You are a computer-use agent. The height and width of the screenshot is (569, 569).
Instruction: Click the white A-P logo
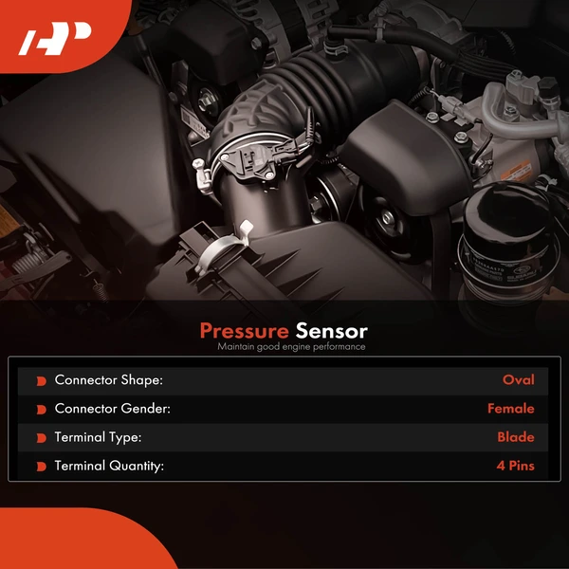pos(55,39)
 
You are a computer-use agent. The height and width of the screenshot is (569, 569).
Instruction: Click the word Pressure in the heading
pos(245,331)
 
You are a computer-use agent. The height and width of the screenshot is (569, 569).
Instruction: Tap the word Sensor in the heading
pos(331,331)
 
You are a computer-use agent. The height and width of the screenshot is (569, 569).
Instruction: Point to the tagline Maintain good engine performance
pos(291,347)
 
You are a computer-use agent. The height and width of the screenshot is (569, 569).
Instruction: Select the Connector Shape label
pos(109,380)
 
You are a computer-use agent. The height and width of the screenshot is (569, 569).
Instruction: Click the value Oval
pos(518,380)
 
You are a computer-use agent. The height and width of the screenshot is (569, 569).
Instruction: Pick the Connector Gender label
pos(113,409)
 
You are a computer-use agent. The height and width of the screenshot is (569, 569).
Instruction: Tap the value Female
pos(511,409)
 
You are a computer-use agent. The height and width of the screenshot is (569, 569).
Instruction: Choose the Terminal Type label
pos(98,437)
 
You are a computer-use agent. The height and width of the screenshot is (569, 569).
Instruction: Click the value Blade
pos(516,437)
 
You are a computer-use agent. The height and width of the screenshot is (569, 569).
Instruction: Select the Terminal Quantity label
pos(109,466)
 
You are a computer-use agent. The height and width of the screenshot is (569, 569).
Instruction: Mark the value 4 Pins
pos(515,466)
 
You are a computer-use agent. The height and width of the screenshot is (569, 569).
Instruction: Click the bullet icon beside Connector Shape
pos(42,381)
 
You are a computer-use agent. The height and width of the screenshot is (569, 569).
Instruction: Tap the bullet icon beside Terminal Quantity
pos(42,467)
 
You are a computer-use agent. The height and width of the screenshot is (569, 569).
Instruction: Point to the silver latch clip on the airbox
pos(222,247)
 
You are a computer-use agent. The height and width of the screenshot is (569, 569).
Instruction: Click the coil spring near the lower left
pos(101,291)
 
